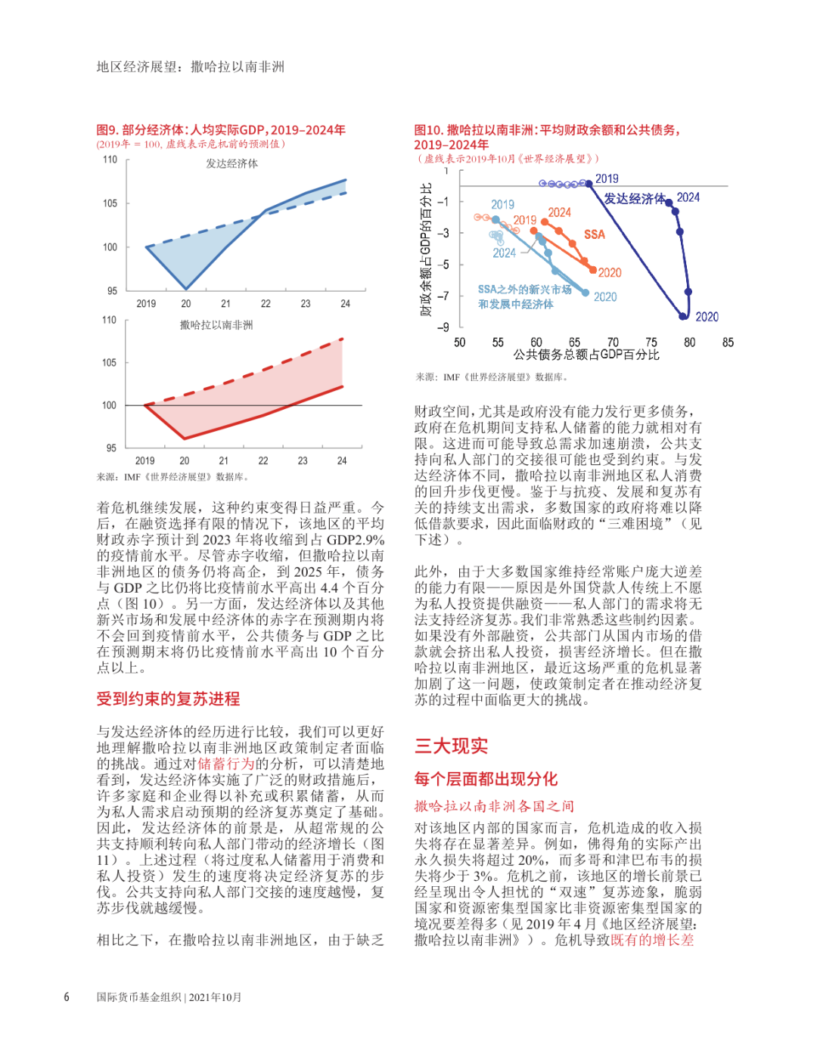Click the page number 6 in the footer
click(x=67, y=997)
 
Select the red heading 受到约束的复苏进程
click(x=168, y=699)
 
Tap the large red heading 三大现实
click(x=451, y=746)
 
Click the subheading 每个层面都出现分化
click(x=486, y=779)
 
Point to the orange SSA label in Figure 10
click(x=595, y=234)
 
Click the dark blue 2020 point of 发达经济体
click(x=683, y=316)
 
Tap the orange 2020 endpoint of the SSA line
click(x=593, y=269)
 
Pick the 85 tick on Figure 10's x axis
click(x=728, y=343)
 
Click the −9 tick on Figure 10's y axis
click(x=443, y=327)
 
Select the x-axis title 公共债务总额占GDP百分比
click(x=586, y=355)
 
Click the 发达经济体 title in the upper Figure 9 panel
click(x=231, y=163)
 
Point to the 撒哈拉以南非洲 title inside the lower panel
click(x=216, y=325)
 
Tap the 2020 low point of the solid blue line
click(x=186, y=289)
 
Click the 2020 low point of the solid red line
click(x=185, y=438)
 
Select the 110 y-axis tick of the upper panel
click(x=110, y=160)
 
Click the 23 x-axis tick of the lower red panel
click(x=303, y=460)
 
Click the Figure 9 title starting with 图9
click(x=221, y=130)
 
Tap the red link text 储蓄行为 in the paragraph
click(x=225, y=764)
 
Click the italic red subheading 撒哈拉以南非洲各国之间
click(x=494, y=806)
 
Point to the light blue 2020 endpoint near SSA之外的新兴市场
click(x=585, y=292)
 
